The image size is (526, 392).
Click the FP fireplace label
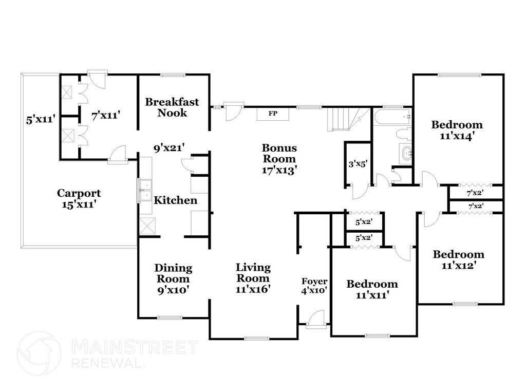pos(273,113)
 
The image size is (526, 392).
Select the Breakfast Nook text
pos(172,107)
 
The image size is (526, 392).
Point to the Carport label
pos(79,198)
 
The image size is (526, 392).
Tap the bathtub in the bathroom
pos(392,117)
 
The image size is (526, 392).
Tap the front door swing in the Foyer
pos(317,318)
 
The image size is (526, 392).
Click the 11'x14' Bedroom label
pos(457,130)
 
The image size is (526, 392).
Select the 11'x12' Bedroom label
pos(458,259)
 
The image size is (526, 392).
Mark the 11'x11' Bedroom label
pos(372,289)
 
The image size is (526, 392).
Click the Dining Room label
pos(174,278)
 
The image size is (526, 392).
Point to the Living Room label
pos(253,278)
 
